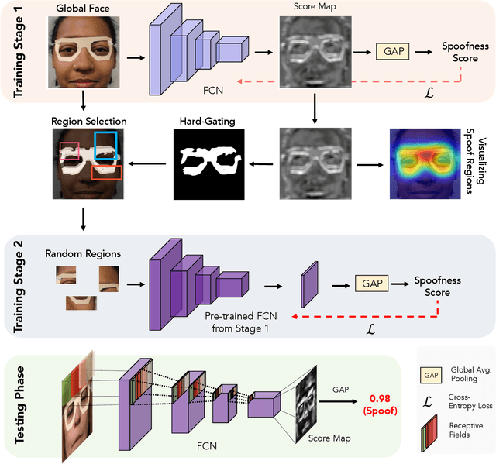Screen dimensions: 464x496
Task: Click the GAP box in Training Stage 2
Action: [x=371, y=284]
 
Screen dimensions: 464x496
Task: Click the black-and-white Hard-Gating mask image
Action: [x=207, y=162]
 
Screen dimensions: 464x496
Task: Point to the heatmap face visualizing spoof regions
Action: [x=425, y=162]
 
